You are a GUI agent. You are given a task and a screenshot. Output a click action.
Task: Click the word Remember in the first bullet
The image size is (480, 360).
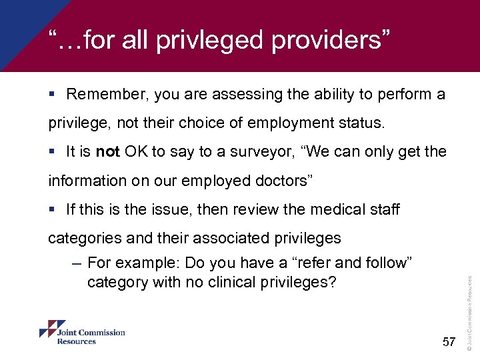[106, 95]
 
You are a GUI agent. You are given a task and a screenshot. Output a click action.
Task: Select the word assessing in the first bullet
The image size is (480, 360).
[246, 95]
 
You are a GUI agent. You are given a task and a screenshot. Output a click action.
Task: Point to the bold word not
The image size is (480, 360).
[107, 152]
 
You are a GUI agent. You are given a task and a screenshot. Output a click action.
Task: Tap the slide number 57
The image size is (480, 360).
[448, 342]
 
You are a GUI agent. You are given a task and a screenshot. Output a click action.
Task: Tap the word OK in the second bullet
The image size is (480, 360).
[135, 152]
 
